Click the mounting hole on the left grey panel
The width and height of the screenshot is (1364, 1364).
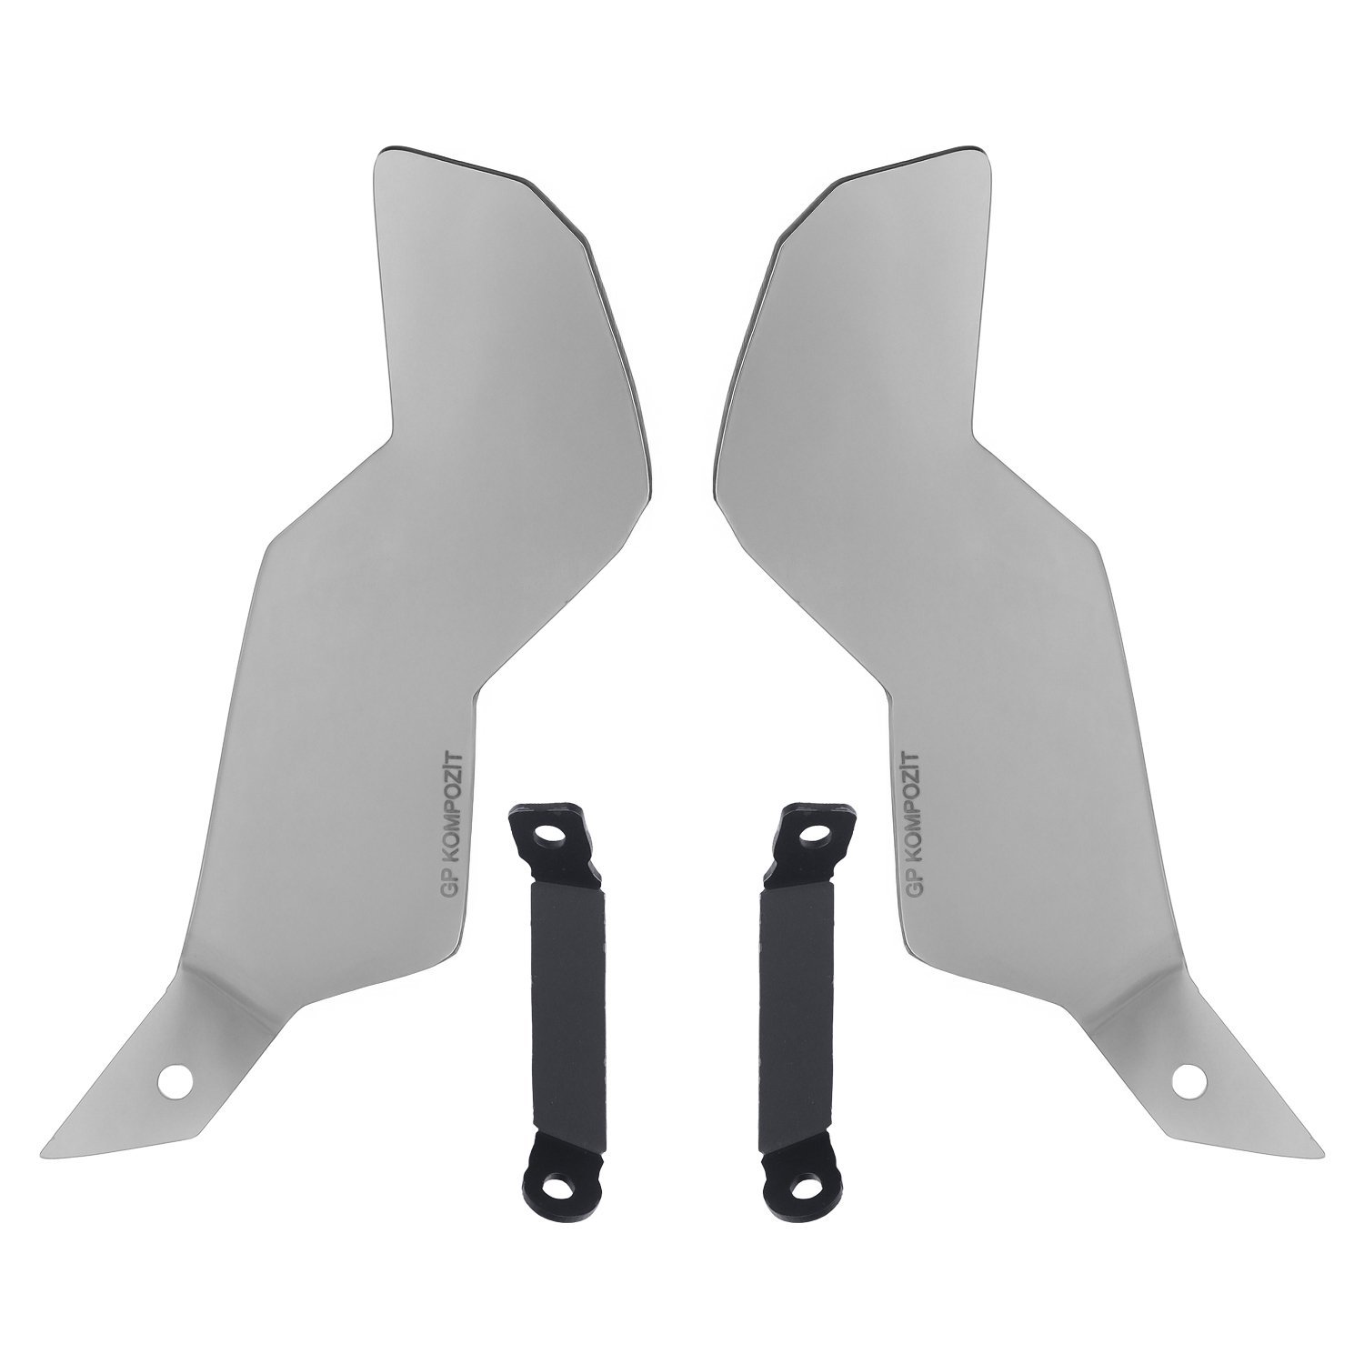(176, 1079)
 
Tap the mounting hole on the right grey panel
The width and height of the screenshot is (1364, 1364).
(1188, 1079)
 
